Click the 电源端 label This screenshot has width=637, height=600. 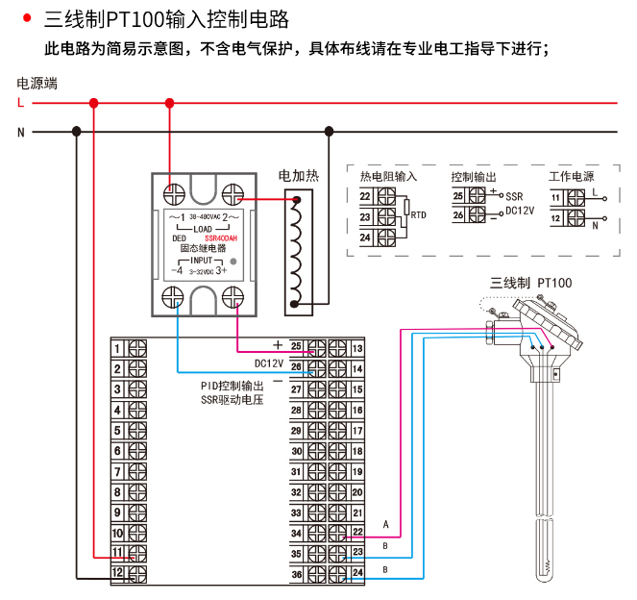click(37, 84)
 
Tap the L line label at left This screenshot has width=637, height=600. click(20, 103)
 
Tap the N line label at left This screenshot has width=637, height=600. click(20, 132)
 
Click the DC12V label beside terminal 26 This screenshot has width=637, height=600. click(268, 363)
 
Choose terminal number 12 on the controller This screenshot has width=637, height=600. click(116, 573)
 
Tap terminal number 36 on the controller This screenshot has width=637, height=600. click(297, 574)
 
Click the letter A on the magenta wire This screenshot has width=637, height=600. click(385, 525)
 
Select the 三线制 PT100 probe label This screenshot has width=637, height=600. click(530, 283)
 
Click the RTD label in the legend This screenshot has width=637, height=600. click(419, 215)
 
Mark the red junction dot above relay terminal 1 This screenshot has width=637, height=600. click(170, 103)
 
